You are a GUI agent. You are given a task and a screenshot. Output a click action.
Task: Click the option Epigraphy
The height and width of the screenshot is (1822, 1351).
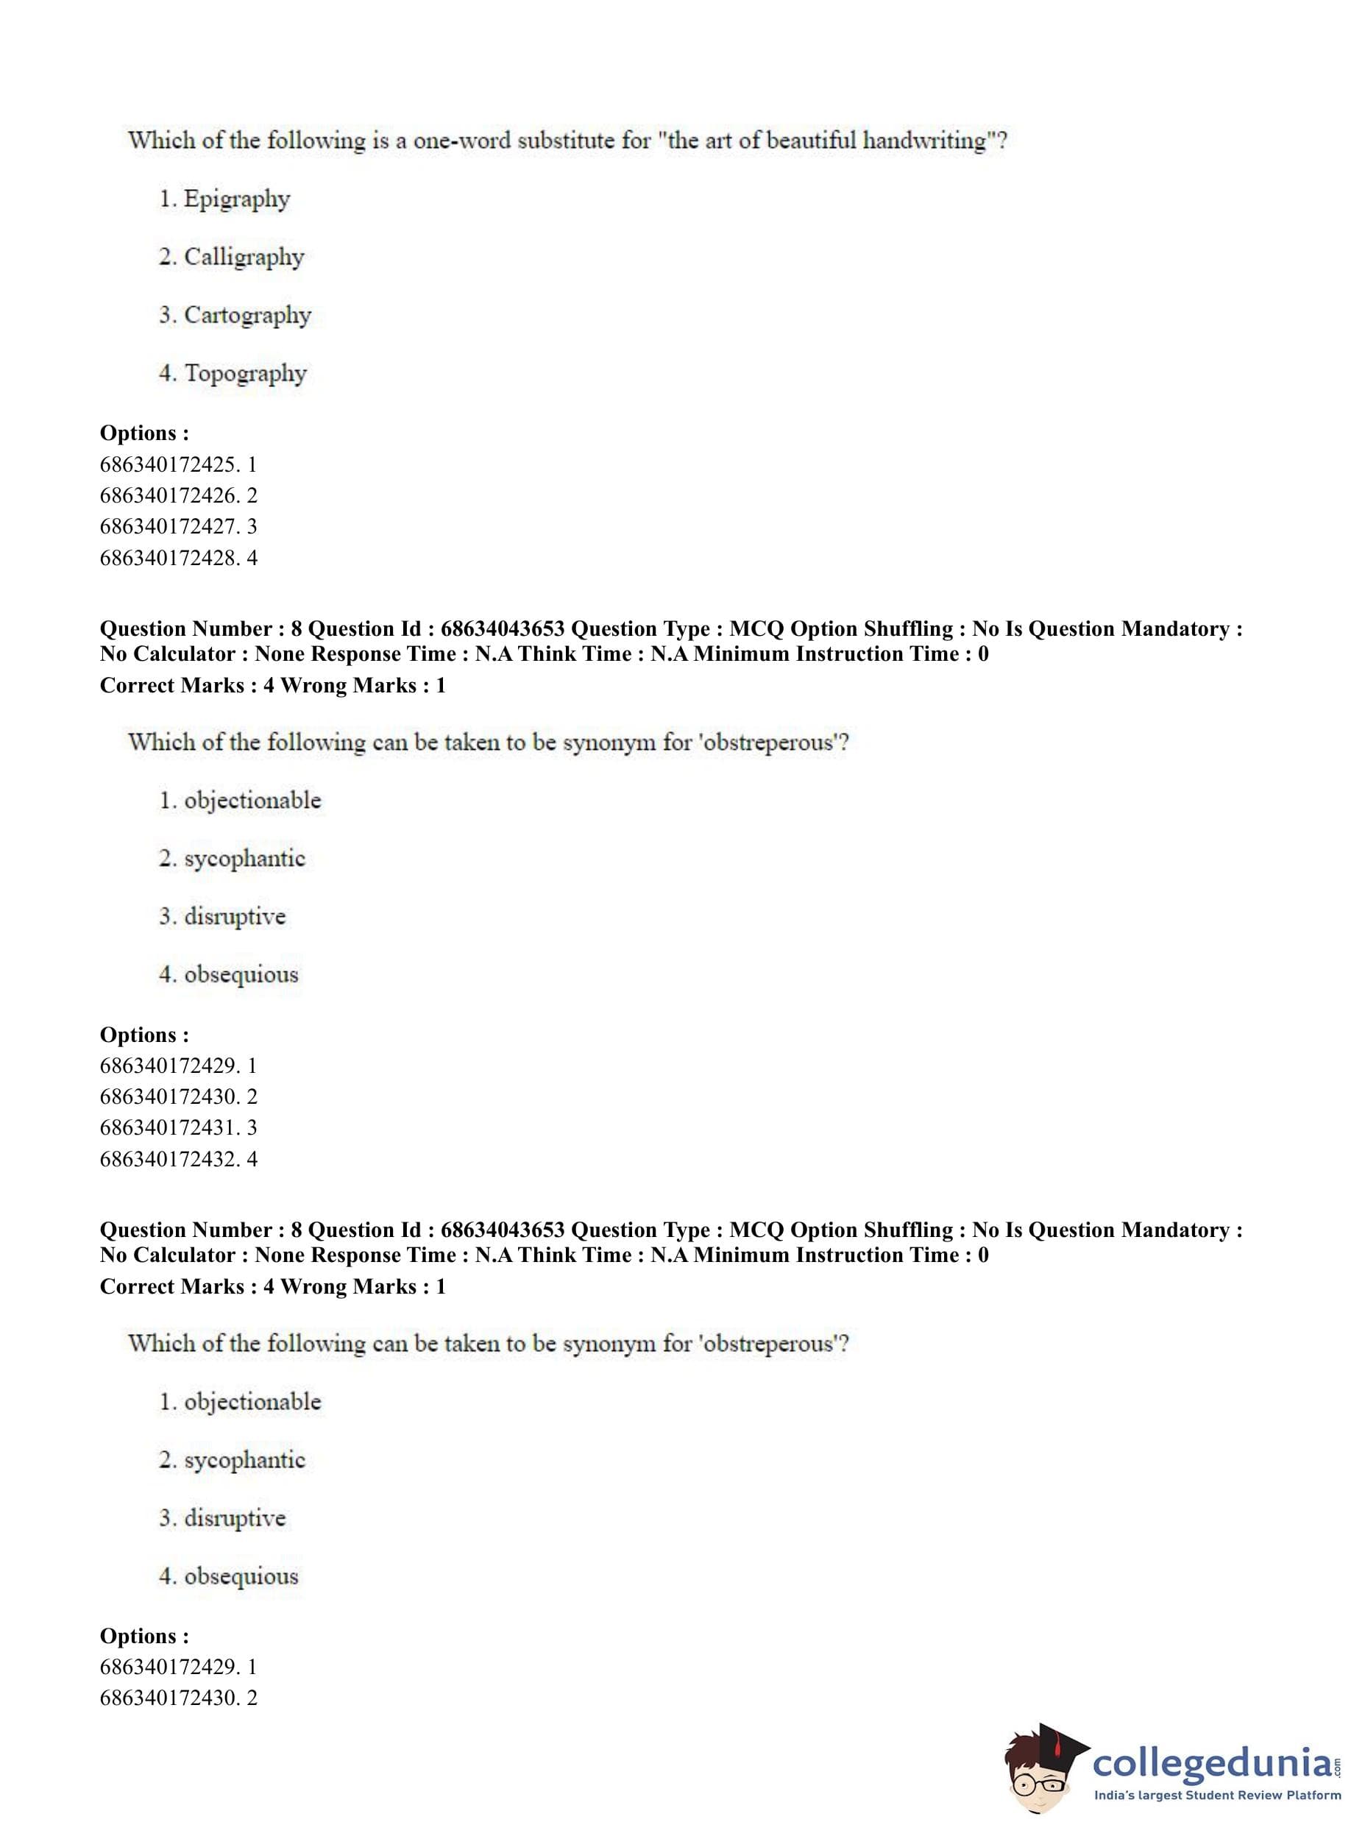coord(236,199)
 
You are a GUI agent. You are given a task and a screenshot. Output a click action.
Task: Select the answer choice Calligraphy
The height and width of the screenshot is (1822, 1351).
coord(243,257)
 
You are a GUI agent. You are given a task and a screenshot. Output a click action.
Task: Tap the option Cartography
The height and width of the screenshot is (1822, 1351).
coord(247,315)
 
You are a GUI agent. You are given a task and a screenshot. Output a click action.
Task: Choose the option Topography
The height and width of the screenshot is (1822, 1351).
coord(244,373)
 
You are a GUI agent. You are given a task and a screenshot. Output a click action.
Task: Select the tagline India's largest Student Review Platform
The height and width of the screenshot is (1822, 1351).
coord(1217,1796)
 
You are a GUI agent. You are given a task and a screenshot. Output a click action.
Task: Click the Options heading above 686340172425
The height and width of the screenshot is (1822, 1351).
coord(144,433)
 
